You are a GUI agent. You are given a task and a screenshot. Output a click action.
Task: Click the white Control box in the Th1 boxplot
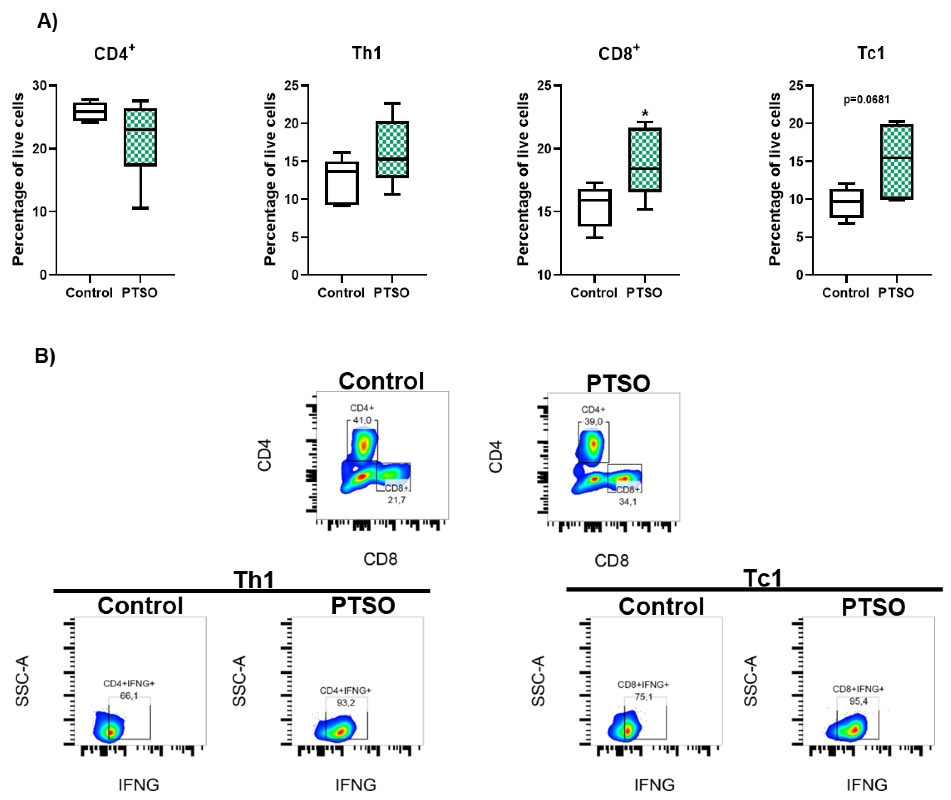pos(342,183)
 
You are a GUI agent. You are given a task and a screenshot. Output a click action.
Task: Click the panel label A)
pos(47,21)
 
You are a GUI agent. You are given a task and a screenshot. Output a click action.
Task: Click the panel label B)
pos(45,356)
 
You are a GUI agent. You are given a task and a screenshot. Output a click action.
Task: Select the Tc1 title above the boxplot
pos(871,54)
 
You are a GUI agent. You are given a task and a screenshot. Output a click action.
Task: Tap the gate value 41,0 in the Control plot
pos(362,421)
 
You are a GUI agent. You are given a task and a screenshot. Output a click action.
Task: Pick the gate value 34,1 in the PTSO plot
pos(628,502)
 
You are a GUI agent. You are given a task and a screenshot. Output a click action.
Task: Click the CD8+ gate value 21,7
pos(396,500)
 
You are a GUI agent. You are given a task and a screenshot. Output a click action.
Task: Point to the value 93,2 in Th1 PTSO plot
pos(345,703)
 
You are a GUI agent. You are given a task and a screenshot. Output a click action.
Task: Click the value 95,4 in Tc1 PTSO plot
pos(858,701)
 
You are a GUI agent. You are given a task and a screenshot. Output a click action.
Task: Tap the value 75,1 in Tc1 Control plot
pos(643,696)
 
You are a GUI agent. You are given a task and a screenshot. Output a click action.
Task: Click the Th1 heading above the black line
pos(254,580)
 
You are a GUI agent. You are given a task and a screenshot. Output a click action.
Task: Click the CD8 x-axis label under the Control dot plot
pos(380,559)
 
